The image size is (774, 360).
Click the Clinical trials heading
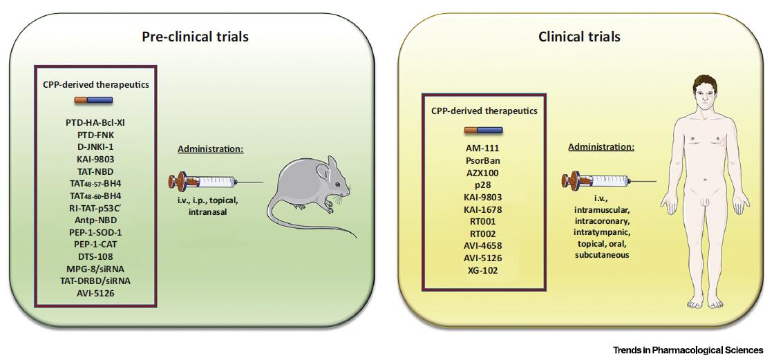pos(579,36)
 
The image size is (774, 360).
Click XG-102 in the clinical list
pos(482,270)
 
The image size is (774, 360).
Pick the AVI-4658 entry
pos(482,245)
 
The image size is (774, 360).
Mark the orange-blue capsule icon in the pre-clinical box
pos(93,100)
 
